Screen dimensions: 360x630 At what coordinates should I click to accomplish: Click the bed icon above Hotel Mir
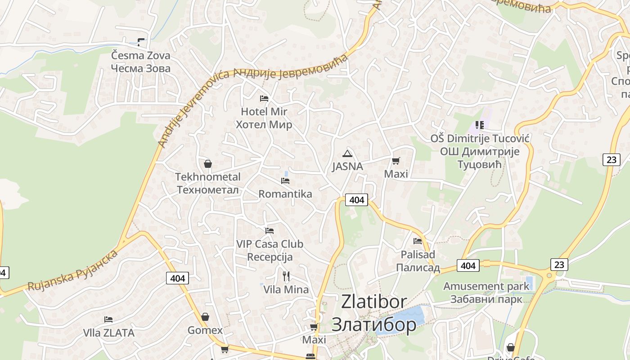(x=264, y=99)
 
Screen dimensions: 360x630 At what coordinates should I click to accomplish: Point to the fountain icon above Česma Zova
(x=141, y=43)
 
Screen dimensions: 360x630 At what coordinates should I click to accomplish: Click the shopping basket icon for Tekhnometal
(x=207, y=164)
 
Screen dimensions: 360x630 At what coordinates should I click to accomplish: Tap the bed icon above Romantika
(x=285, y=181)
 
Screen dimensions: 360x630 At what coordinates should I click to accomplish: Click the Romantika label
(x=285, y=194)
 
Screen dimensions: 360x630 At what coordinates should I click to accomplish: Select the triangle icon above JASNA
(x=347, y=153)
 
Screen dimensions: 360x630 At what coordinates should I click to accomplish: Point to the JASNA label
(x=347, y=166)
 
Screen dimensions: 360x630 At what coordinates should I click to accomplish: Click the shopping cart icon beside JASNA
(x=396, y=161)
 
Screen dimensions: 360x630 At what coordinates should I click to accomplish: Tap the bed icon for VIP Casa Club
(x=270, y=231)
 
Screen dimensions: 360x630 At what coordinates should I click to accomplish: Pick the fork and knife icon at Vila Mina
(x=286, y=276)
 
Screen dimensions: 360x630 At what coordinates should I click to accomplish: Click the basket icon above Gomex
(x=205, y=317)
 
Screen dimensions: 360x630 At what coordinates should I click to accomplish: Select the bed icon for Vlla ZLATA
(x=108, y=319)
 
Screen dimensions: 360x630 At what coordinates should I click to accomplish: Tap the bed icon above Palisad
(x=418, y=241)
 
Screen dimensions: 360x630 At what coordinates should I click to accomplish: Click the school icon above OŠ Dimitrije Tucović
(x=479, y=125)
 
